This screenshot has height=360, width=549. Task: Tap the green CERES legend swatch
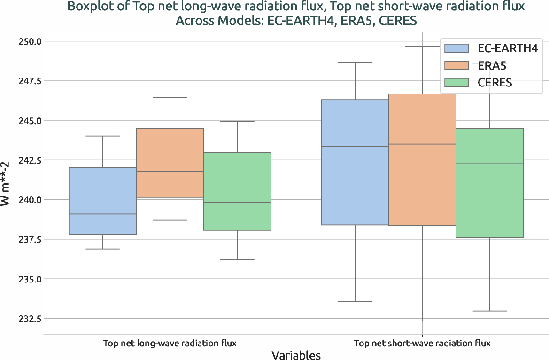point(456,83)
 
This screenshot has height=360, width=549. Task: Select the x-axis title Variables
point(296,355)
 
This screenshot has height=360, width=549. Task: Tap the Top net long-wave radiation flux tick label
point(170,343)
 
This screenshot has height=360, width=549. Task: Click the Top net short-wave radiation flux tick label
point(422,343)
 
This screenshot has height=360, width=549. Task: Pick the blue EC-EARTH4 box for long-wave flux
point(102,201)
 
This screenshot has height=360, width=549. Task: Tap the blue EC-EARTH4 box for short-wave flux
point(355,162)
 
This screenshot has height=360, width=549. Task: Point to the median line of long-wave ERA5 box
point(170,171)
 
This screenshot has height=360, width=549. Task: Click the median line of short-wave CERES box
point(490,164)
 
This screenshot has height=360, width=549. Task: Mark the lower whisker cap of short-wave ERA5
point(422,321)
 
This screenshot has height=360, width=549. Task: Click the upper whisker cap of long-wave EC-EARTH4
point(102,136)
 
